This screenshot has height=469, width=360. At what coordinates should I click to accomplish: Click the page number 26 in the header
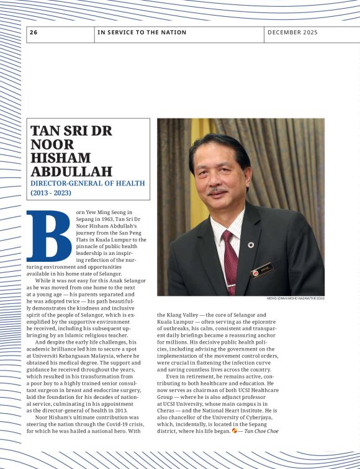pyautogui.click(x=34, y=32)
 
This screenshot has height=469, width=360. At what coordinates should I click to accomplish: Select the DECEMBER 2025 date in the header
pyautogui.click(x=292, y=32)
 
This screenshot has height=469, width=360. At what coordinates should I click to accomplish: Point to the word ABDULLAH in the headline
pyautogui.click(x=71, y=171)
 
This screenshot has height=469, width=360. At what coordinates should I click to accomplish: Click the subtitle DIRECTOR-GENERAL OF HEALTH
pyautogui.click(x=88, y=183)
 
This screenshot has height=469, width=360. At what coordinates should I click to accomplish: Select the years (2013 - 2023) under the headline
pyautogui.click(x=51, y=193)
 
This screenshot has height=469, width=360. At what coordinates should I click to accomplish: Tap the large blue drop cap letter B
pyautogui.click(x=48, y=238)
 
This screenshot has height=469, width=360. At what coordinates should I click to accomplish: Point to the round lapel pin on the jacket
pyautogui.click(x=251, y=244)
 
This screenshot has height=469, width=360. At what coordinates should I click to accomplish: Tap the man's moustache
pyautogui.click(x=218, y=190)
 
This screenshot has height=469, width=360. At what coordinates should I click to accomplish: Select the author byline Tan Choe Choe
pyautogui.click(x=261, y=431)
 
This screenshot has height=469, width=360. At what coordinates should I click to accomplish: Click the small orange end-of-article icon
pyautogui.click(x=234, y=431)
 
